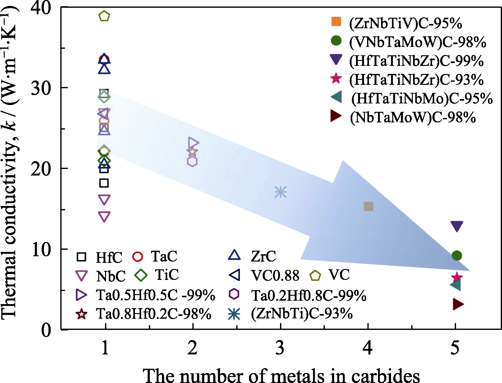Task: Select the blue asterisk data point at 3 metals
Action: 280,192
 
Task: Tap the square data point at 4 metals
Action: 368,206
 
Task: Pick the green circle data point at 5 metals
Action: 457,255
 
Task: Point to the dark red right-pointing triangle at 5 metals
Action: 458,304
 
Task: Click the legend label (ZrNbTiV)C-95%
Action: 405,24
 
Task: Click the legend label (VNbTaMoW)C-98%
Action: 417,42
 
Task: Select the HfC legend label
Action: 109,257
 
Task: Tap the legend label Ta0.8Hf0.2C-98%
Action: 154,314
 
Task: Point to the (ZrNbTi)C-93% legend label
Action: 302,314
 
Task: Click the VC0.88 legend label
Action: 275,276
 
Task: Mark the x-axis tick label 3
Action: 280,348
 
